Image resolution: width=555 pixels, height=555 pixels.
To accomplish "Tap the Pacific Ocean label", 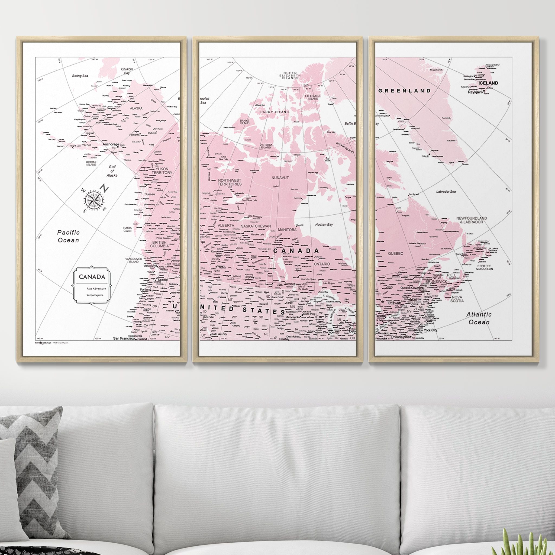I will coord(68,236).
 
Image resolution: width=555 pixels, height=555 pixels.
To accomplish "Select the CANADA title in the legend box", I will coord(92,277).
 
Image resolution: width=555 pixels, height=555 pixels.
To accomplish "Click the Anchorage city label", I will coord(111,144).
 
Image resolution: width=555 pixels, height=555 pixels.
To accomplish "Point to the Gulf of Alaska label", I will coord(112,171).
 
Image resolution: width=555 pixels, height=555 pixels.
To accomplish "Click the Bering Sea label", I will coord(80,76).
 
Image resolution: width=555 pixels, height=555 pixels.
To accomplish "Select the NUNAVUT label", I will coord(280,178).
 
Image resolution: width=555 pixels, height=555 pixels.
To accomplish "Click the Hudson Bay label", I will coord(324,225).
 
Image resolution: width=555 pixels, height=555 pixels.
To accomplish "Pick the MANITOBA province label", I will coord(287,230).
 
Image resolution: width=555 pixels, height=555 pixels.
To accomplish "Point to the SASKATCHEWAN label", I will coord(256,226).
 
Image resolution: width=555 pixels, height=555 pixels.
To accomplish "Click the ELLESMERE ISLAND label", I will coord(313,97).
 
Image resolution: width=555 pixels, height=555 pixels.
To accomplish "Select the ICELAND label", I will coord(488,83).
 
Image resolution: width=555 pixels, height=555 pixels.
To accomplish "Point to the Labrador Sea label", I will coord(446,192).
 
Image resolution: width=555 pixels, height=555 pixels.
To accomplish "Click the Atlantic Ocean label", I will coord(479,318).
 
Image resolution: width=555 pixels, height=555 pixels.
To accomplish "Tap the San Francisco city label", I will coord(124,338).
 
